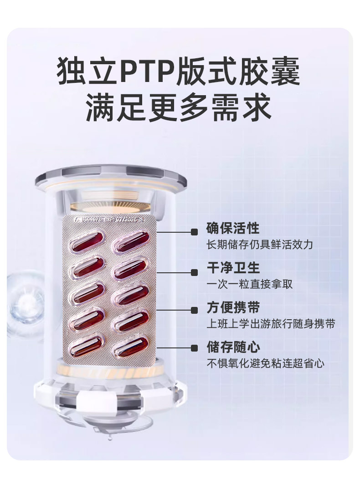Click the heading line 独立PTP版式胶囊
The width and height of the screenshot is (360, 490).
(179, 71)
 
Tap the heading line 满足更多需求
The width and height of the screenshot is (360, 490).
(179, 107)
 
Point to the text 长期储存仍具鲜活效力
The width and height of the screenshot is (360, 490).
(260, 245)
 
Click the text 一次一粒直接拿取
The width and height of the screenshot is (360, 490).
(250, 284)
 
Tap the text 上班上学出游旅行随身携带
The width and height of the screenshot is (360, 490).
(271, 324)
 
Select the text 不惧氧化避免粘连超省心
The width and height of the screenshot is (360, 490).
(266, 364)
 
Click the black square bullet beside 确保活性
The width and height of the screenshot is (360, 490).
(195, 232)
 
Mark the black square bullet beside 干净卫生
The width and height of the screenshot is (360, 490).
(195, 272)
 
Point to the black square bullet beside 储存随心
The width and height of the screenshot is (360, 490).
(195, 348)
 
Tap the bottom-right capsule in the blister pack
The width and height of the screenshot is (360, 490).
(130, 346)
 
